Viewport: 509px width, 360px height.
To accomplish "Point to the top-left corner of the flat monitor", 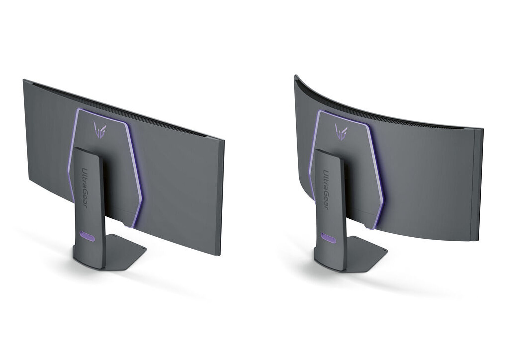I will point(24,80).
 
